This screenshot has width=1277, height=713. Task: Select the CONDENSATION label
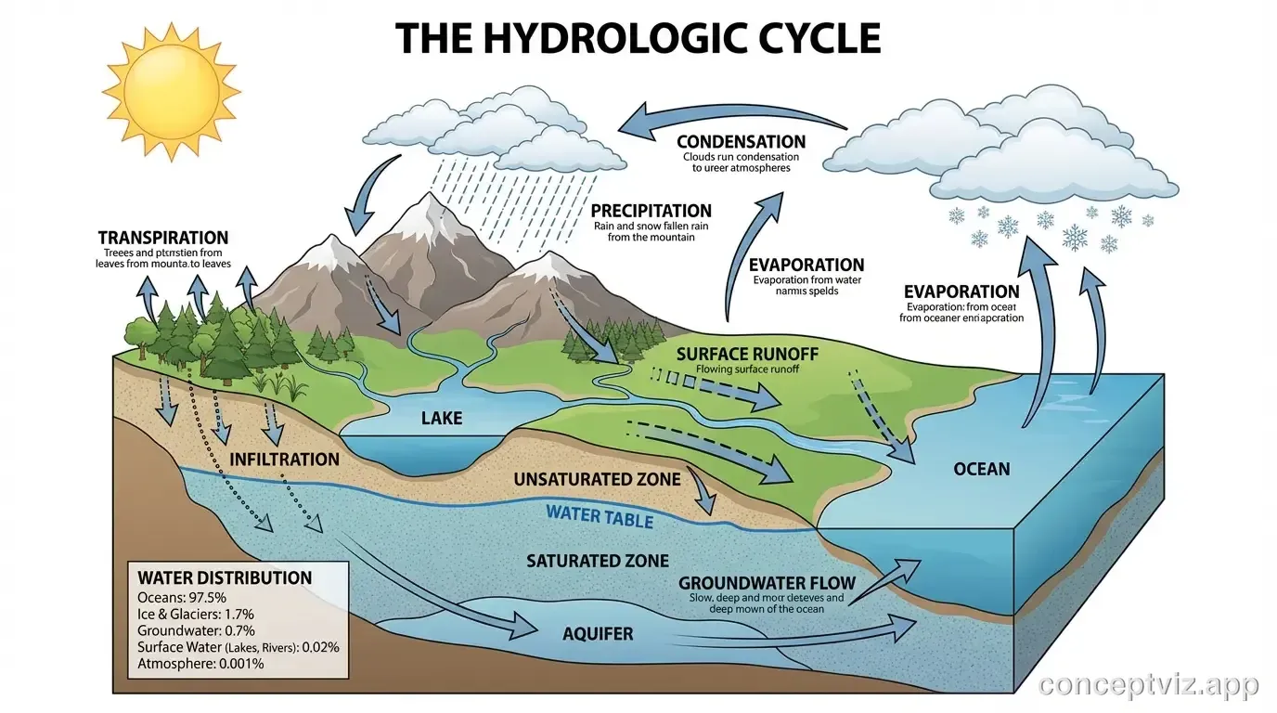pyautogui.click(x=741, y=142)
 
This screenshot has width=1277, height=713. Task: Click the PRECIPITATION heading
pyautogui.click(x=651, y=211)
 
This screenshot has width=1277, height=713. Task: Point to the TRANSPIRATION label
pyautogui.click(x=162, y=239)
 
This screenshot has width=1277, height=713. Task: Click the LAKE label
pyautogui.click(x=441, y=419)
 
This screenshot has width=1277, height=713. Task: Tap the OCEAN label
pyautogui.click(x=981, y=469)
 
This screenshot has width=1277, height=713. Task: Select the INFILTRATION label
pyautogui.click(x=284, y=460)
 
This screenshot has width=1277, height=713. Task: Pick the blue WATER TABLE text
pyautogui.click(x=600, y=515)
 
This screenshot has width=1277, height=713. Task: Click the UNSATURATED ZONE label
pyautogui.click(x=597, y=480)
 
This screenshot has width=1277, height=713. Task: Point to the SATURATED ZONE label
pyautogui.click(x=597, y=561)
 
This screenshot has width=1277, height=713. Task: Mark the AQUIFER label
pyautogui.click(x=598, y=635)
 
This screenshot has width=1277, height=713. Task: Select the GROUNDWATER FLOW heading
pyautogui.click(x=767, y=583)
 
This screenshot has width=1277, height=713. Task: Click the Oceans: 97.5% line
pyautogui.click(x=181, y=598)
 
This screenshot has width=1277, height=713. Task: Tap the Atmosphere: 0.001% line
pyautogui.click(x=200, y=664)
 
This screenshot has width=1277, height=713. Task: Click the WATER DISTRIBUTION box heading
pyautogui.click(x=225, y=577)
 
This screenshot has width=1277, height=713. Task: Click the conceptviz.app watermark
pyautogui.click(x=1149, y=685)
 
